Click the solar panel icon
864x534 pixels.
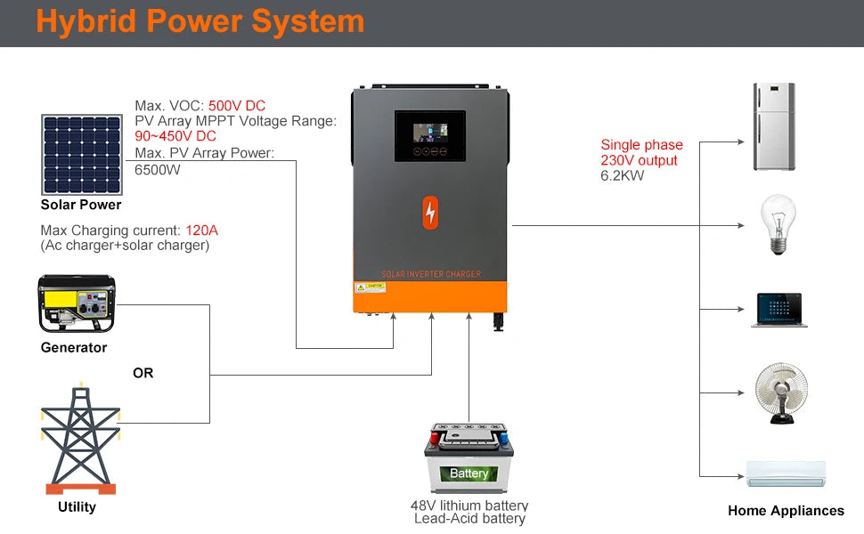(81, 154)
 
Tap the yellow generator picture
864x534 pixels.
(76, 303)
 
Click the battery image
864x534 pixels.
(469, 458)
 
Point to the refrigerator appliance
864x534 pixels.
(773, 126)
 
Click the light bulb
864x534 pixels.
(777, 225)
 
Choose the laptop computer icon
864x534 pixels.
(778, 310)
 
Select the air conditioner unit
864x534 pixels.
(786, 473)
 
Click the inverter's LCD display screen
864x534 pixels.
(430, 135)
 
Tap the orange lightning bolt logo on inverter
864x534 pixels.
(431, 212)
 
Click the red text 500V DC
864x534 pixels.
(237, 106)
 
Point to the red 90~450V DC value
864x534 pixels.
(175, 136)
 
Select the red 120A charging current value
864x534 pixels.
(201, 231)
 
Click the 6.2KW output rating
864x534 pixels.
(622, 175)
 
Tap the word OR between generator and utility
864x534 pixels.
(143, 373)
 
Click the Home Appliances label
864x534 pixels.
(786, 511)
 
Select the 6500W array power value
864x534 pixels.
(158, 169)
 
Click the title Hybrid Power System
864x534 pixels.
(200, 21)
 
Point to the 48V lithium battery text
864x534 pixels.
(469, 506)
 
